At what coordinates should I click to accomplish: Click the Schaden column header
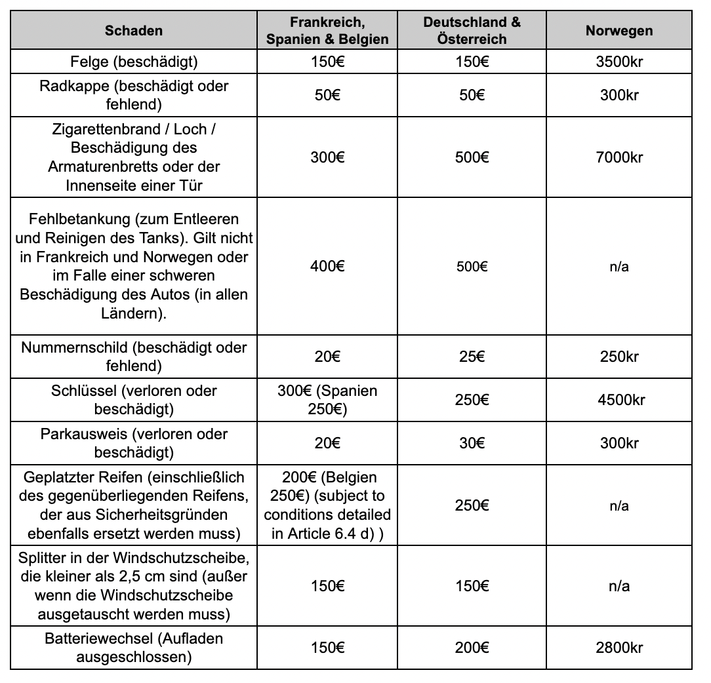click(134, 31)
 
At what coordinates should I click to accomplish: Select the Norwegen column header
click(619, 31)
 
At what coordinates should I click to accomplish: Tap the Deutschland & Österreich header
click(472, 31)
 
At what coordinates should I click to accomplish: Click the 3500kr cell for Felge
click(619, 63)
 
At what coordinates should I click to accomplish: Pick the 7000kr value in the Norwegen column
click(619, 157)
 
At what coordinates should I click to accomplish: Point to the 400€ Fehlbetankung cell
click(327, 267)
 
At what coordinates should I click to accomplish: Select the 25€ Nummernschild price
click(472, 357)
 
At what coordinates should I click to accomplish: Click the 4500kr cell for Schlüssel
click(619, 400)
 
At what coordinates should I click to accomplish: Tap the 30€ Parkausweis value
click(472, 443)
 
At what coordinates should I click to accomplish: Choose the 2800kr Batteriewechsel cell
click(619, 648)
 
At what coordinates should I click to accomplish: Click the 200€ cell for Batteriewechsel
click(472, 648)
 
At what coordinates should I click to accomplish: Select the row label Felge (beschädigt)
click(134, 63)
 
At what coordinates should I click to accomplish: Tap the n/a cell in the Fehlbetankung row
click(619, 267)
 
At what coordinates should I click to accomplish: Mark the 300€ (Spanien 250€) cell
click(327, 400)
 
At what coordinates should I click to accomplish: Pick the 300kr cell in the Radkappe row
click(619, 95)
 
